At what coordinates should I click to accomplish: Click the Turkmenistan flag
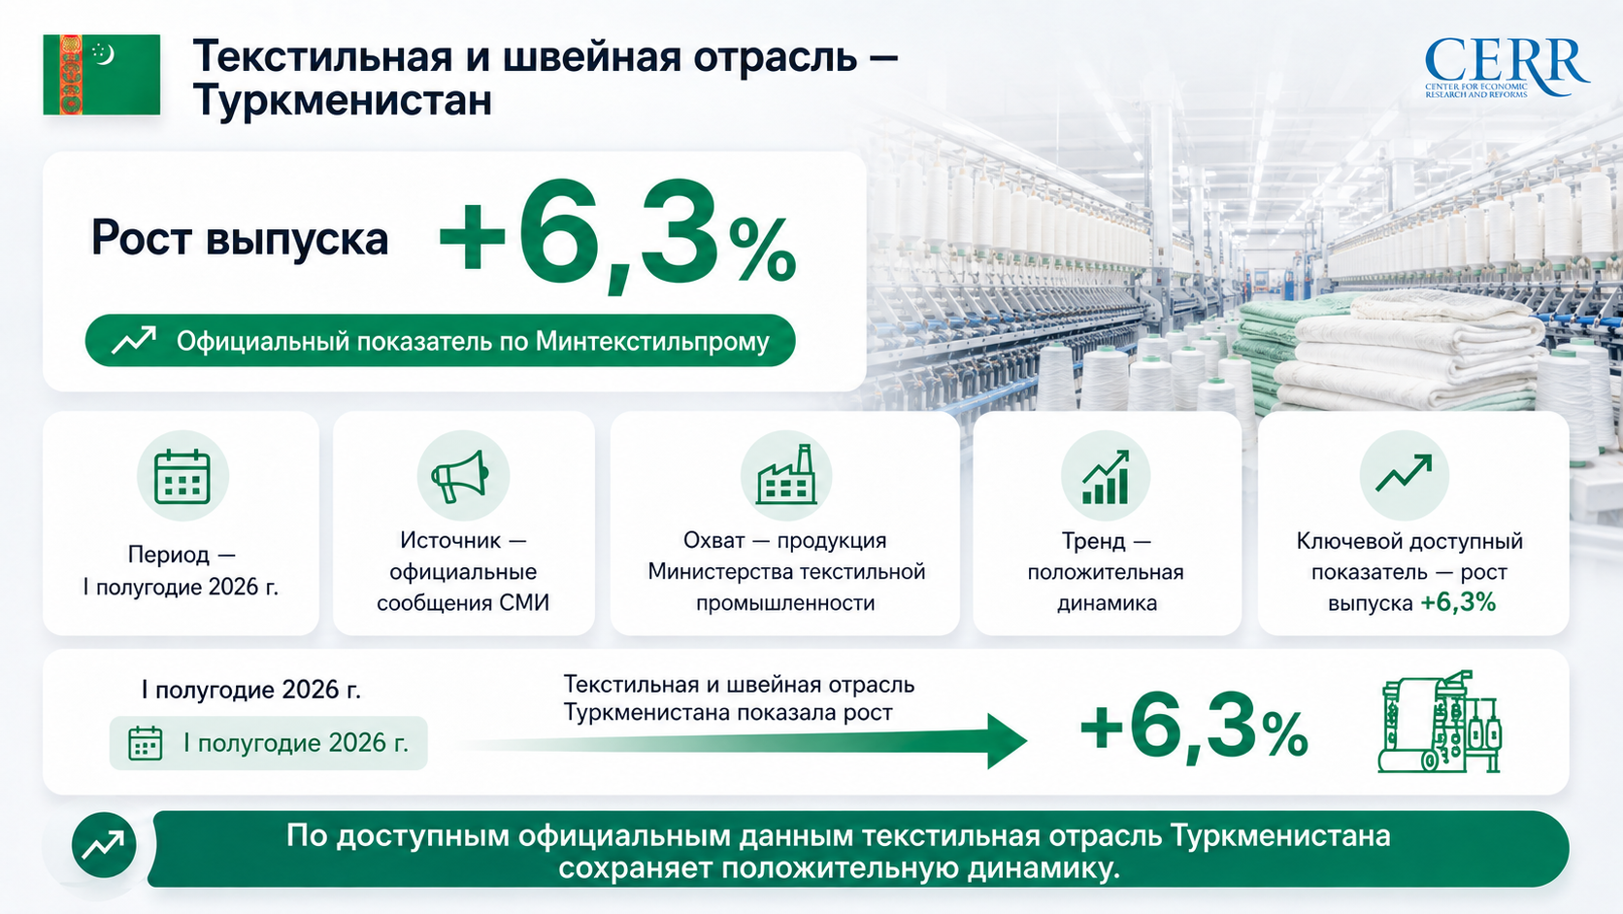[101, 75]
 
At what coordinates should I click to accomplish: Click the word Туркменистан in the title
[343, 101]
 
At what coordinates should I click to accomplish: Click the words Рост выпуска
[240, 239]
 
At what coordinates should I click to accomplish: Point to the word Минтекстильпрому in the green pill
[652, 341]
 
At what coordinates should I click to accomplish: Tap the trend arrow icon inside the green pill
[133, 340]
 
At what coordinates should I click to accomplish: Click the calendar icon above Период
[182, 476]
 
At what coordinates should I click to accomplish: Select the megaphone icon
[461, 476]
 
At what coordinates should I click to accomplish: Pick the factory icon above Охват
[786, 475]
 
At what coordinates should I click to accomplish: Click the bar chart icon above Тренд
[1106, 476]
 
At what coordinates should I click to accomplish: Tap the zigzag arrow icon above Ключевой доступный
[1405, 473]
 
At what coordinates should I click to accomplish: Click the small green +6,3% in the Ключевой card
[1458, 602]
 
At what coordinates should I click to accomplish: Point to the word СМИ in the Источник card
[524, 603]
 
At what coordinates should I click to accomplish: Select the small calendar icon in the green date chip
[145, 743]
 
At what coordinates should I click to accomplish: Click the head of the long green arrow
[1008, 741]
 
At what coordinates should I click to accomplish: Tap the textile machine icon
[1439, 722]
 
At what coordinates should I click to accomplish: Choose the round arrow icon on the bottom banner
[104, 845]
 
